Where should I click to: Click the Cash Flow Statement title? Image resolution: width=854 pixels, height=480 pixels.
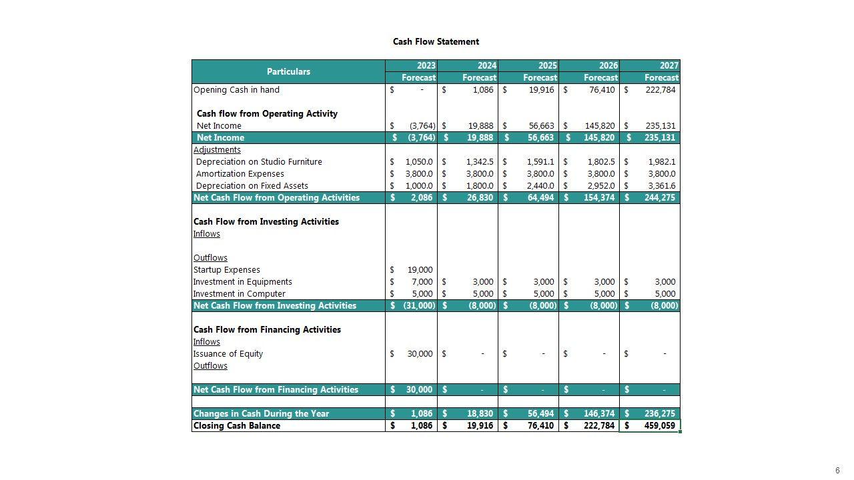click(436, 41)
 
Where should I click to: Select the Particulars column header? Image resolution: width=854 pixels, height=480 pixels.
click(288, 71)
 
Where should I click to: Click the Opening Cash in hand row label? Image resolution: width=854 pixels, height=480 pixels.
click(236, 90)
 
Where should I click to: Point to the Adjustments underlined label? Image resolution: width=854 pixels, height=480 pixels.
click(217, 150)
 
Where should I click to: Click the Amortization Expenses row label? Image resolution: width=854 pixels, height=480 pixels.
click(240, 174)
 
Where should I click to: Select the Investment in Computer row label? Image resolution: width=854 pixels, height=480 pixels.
click(239, 294)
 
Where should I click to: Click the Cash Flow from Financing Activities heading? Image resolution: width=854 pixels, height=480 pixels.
click(267, 330)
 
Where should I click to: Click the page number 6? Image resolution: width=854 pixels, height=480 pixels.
click(837, 471)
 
